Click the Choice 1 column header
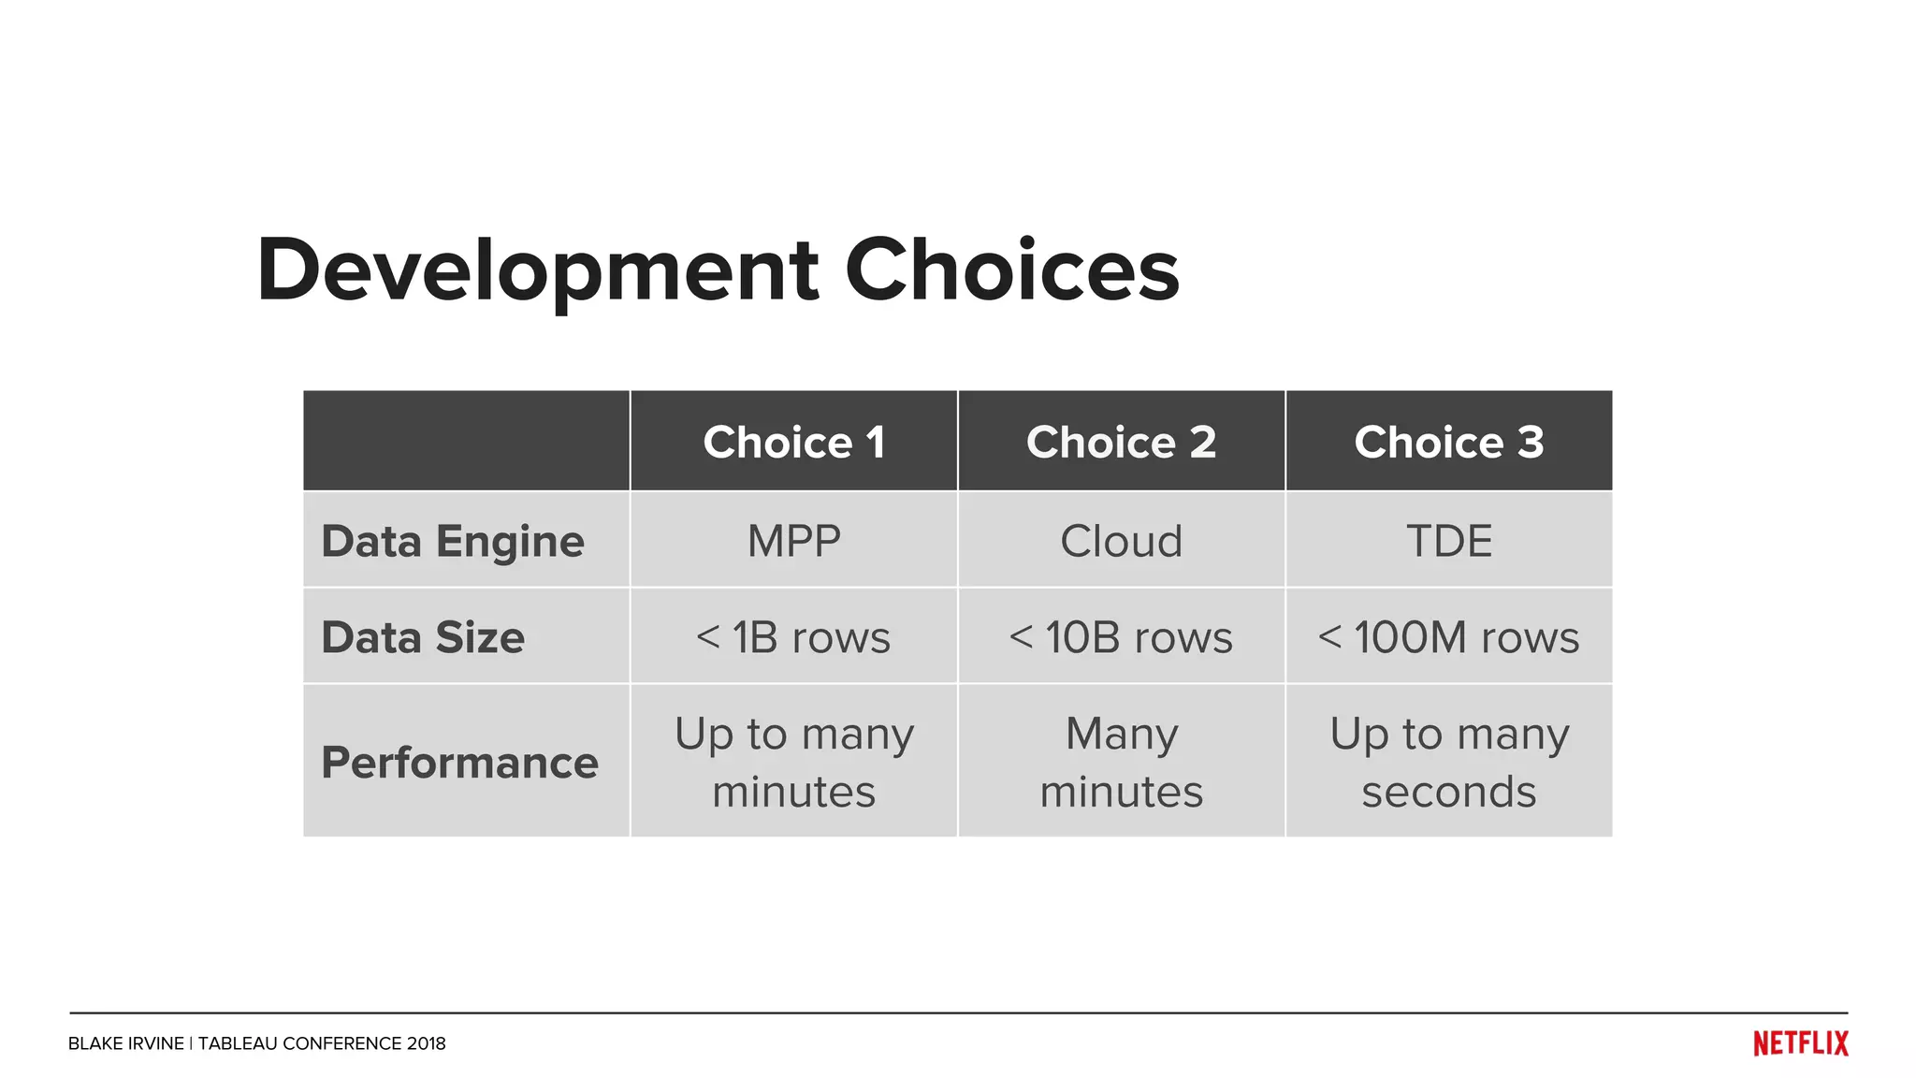click(x=793, y=442)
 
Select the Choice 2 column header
click(x=1121, y=442)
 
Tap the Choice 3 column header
click(x=1448, y=442)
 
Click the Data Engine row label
click(x=453, y=541)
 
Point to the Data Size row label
click(x=423, y=637)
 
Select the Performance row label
click(x=459, y=762)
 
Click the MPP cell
click(x=793, y=541)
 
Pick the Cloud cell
click(x=1121, y=541)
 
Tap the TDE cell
click(x=1448, y=541)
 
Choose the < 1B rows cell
click(x=793, y=637)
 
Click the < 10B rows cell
click(x=1121, y=637)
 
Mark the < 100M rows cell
click(x=1448, y=637)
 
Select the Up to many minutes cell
click(x=793, y=762)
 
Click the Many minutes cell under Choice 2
click(x=1121, y=762)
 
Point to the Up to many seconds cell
click(x=1448, y=762)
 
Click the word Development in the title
click(x=538, y=271)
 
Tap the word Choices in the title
click(x=1011, y=271)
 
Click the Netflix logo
click(x=1800, y=1043)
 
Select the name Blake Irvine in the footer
click(x=125, y=1043)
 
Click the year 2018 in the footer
click(x=426, y=1043)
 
